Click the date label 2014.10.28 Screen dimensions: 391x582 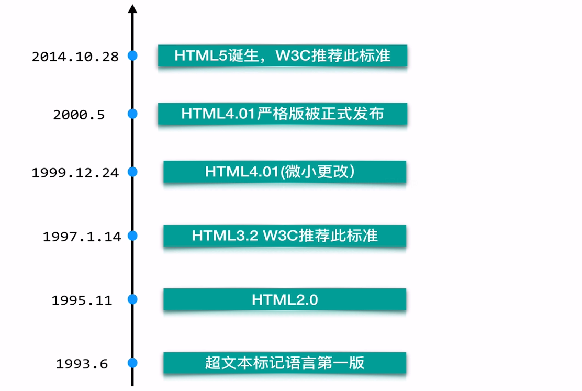pyautogui.click(x=75, y=57)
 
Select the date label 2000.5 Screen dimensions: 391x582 pyautogui.click(x=79, y=115)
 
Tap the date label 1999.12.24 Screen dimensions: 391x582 pyautogui.click(x=75, y=173)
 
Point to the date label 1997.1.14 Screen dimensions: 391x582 pyautogui.click(x=82, y=237)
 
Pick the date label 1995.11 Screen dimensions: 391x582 pyautogui.click(x=82, y=300)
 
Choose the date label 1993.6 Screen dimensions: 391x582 pyautogui.click(x=82, y=364)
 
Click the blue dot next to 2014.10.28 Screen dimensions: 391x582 pyautogui.click(x=132, y=55)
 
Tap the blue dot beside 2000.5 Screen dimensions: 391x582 pyautogui.click(x=132, y=113)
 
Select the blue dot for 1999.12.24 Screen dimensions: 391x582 pyautogui.click(x=132, y=172)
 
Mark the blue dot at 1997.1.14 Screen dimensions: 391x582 pyautogui.click(x=132, y=236)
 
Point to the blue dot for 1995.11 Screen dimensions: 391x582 pyautogui.click(x=132, y=299)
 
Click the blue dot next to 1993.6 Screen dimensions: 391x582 pyautogui.click(x=132, y=363)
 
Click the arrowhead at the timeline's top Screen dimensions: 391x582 pyautogui.click(x=132, y=9)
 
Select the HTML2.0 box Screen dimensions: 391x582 pyautogui.click(x=285, y=299)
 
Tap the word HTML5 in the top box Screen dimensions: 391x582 pyautogui.click(x=201, y=55)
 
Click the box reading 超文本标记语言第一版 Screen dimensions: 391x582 pyautogui.click(x=285, y=363)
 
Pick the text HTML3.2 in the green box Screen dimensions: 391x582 pyautogui.click(x=225, y=236)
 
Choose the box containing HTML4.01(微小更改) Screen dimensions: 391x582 pyautogui.click(x=285, y=172)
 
